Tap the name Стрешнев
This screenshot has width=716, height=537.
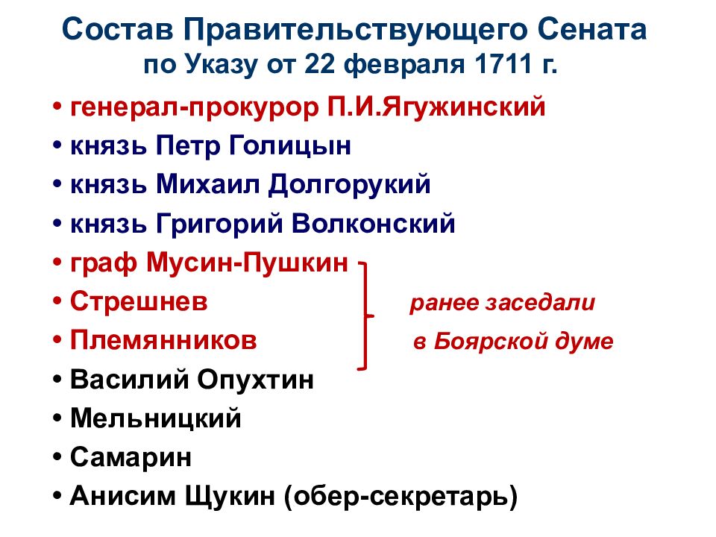[139, 301]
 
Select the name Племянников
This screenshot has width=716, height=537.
[164, 340]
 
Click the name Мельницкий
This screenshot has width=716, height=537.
[156, 418]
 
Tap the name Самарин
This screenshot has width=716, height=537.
[131, 457]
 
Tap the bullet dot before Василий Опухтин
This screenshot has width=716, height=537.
[57, 380]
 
